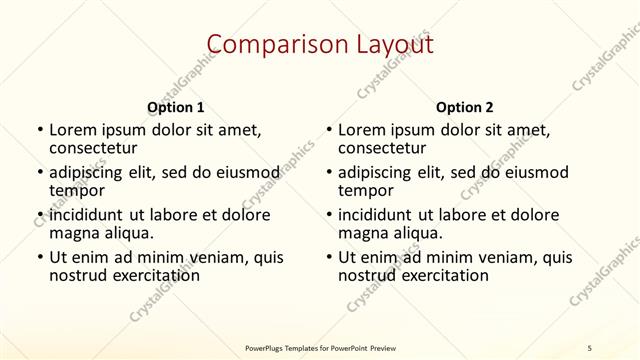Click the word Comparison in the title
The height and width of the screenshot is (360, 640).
[x=264, y=44]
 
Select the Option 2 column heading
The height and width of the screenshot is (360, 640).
[x=465, y=106]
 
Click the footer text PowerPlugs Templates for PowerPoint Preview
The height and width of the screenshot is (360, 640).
[x=319, y=347]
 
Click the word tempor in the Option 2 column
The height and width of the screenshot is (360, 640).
[x=366, y=191]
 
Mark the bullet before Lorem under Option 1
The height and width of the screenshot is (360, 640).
[x=39, y=130]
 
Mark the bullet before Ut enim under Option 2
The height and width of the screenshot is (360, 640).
[x=329, y=257]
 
